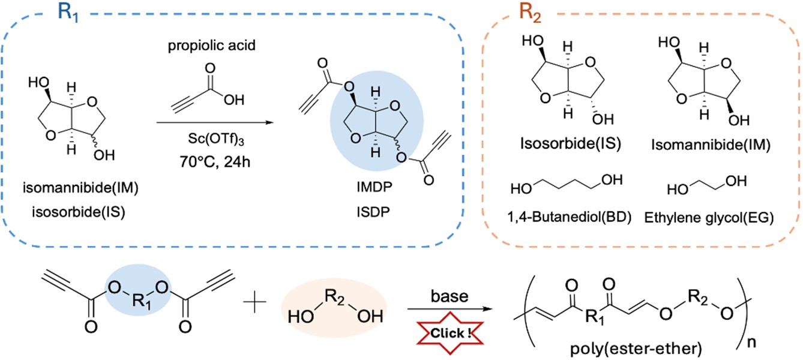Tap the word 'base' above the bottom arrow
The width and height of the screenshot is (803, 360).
[x=442, y=298]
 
